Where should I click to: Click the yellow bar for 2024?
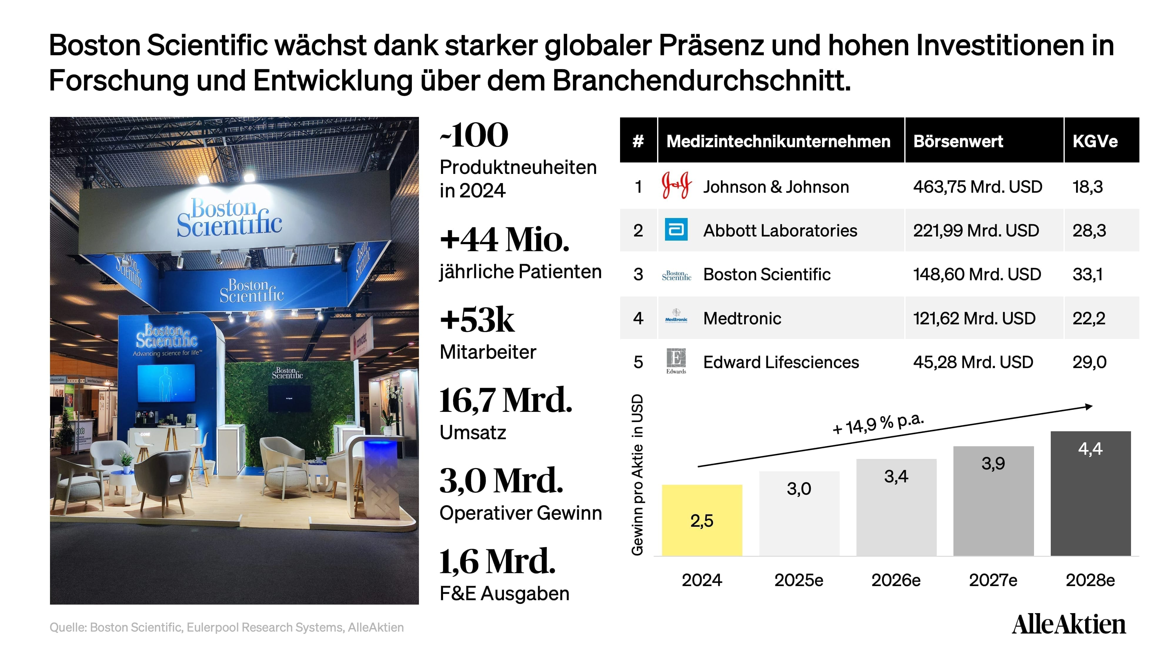[x=702, y=520]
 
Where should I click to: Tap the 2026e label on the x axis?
[x=896, y=580]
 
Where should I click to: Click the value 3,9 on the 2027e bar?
[x=993, y=464]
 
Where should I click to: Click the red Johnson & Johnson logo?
[x=676, y=185]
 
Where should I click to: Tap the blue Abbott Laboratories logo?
[x=676, y=229]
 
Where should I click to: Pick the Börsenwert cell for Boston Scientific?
[x=977, y=274]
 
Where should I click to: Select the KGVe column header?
[x=1095, y=141]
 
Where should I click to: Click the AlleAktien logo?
[x=1069, y=625]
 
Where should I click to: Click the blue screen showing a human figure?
[x=166, y=383]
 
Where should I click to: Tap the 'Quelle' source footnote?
[x=226, y=628]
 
